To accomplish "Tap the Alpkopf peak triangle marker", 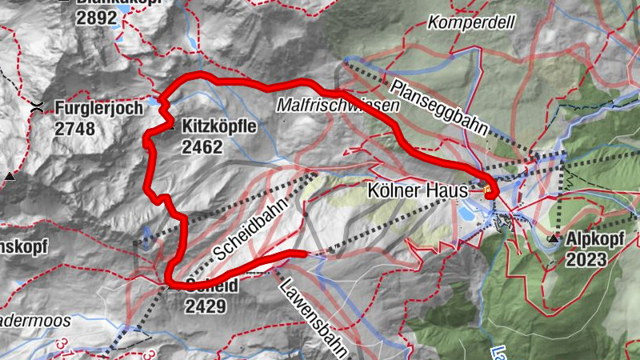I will [554, 238].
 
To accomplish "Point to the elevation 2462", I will [202, 147].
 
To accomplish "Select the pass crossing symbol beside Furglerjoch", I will [38, 107].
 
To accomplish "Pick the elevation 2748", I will [74, 129].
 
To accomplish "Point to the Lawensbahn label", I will [314, 315].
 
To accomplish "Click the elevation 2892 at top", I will [98, 16].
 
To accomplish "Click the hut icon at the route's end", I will [489, 190].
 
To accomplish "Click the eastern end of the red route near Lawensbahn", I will [304, 254].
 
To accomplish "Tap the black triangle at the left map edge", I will [10, 175].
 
